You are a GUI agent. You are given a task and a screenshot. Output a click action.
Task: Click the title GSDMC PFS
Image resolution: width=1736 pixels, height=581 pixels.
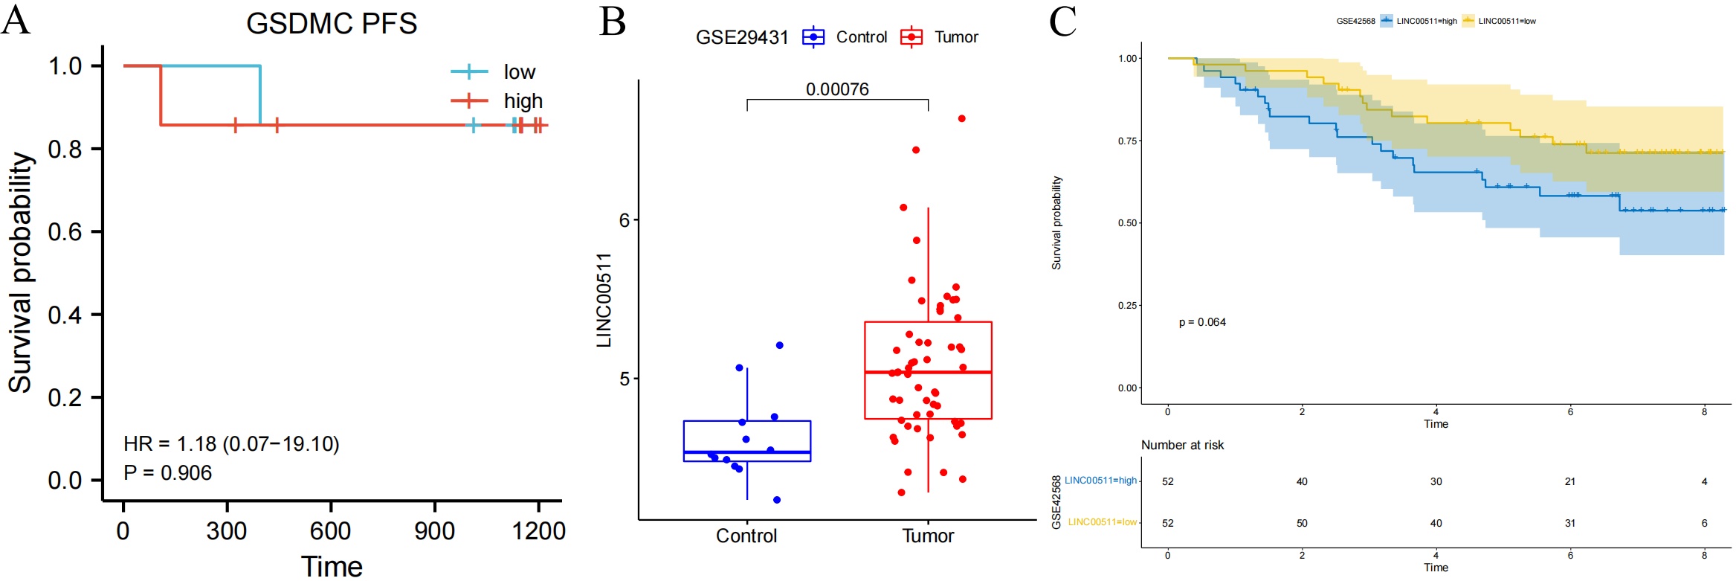coord(332,24)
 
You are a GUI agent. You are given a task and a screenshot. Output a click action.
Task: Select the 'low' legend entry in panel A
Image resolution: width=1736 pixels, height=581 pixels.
coord(519,72)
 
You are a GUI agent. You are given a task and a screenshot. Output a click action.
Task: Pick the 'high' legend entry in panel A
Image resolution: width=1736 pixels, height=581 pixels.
coord(523,101)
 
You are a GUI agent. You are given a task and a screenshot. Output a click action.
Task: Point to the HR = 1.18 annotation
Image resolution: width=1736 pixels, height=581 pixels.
coord(231,444)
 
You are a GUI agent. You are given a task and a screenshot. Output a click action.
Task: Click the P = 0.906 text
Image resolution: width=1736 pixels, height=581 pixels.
coord(167,473)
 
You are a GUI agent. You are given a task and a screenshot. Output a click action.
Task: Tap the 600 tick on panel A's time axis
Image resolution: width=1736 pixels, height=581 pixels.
coord(330,531)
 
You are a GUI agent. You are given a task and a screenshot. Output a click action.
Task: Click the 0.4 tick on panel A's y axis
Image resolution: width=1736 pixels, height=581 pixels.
coord(65,315)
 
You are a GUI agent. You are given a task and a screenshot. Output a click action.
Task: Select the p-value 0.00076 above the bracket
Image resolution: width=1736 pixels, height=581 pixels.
coord(837,89)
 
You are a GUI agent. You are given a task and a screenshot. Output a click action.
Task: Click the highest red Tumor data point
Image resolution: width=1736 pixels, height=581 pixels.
coord(961,118)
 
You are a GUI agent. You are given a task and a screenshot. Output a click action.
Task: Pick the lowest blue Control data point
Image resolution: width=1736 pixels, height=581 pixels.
coord(777,500)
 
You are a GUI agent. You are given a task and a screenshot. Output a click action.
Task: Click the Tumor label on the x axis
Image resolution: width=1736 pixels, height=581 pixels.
coord(928,536)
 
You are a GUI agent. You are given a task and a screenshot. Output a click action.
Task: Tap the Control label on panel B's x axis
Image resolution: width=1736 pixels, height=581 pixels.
coord(746,536)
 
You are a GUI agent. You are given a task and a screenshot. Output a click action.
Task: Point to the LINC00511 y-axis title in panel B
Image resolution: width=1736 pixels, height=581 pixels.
coord(604,300)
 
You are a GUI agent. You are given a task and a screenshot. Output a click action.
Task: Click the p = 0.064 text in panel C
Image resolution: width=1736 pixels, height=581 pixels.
coord(1202,322)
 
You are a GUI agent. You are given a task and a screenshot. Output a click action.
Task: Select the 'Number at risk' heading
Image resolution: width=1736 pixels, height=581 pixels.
coord(1182,445)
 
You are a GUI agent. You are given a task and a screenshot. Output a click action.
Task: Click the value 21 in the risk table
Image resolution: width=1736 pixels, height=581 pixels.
coord(1569,481)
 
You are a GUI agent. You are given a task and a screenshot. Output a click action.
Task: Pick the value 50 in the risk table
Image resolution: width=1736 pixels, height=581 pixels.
coord(1302,523)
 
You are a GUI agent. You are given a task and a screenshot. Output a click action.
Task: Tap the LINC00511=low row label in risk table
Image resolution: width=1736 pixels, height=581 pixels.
coord(1102,522)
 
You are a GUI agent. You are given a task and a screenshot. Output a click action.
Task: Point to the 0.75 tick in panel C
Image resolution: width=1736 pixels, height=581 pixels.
coord(1127,141)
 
